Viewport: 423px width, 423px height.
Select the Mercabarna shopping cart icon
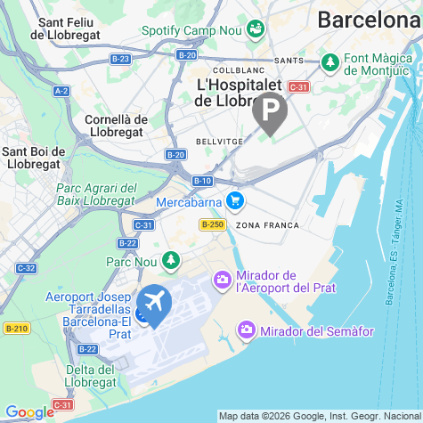pos(234,200)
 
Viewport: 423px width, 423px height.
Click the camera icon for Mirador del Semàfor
pos(247,332)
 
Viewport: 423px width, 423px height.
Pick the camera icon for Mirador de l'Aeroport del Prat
pos(222,281)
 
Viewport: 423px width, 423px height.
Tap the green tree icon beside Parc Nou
pos(170,262)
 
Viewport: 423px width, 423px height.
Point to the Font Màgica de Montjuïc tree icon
pos(330,63)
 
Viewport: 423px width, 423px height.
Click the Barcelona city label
pos(370,20)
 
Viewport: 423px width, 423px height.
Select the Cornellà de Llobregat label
pos(116,126)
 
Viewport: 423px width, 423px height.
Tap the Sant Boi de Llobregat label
pos(32,158)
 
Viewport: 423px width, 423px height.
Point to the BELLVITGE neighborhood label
pos(216,142)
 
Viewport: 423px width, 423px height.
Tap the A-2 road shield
pos(61,91)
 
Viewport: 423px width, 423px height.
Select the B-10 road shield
pos(202,180)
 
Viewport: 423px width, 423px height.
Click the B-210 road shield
pos(16,329)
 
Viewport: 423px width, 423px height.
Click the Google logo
pos(30,411)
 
